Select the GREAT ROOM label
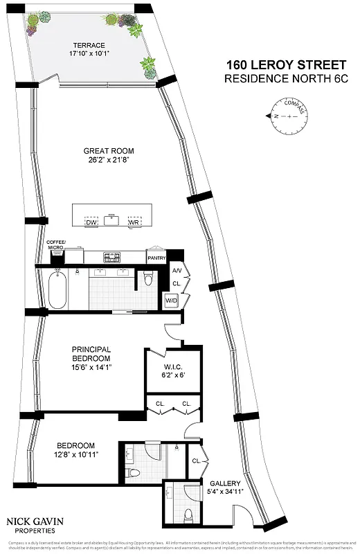pyautogui.click(x=109, y=151)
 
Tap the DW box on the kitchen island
pyautogui.click(x=91, y=222)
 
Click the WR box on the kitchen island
pyautogui.click(x=134, y=222)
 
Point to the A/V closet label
pyautogui.click(x=177, y=271)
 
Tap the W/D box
pyautogui.click(x=171, y=301)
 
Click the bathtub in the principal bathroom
pyautogui.click(x=58, y=289)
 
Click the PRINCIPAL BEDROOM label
pyautogui.click(x=92, y=354)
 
